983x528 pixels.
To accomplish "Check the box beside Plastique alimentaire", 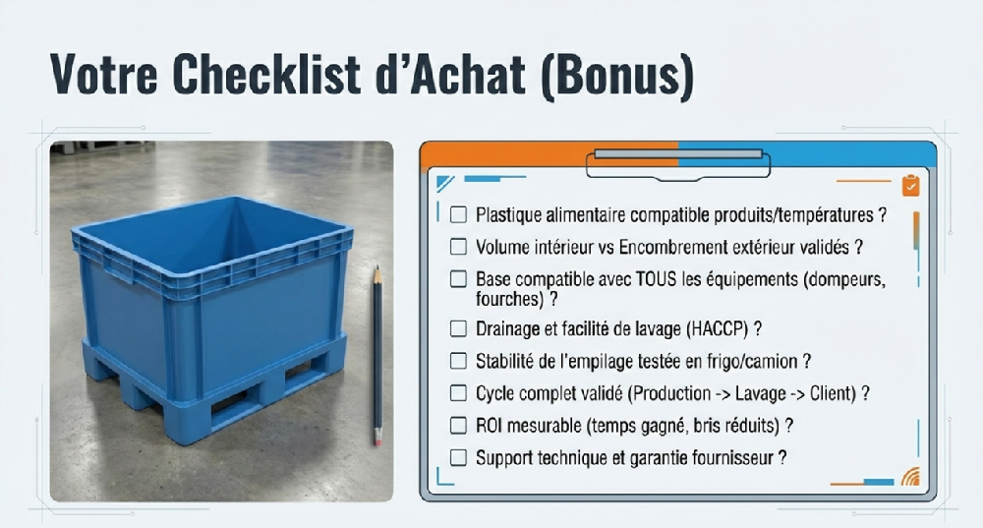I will [458, 214].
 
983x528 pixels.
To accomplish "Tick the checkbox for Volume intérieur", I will [458, 247].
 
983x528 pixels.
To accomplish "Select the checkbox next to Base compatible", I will [458, 279].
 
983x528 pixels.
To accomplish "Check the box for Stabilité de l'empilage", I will [458, 361].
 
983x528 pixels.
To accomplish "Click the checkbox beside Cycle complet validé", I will [458, 393].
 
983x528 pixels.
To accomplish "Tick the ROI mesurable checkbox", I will [458, 426].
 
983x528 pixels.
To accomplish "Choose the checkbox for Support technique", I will [458, 457].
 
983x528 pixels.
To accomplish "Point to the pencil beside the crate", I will [376, 354].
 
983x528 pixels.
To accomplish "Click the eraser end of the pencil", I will [376, 439].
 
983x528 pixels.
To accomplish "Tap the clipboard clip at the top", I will [677, 161].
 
